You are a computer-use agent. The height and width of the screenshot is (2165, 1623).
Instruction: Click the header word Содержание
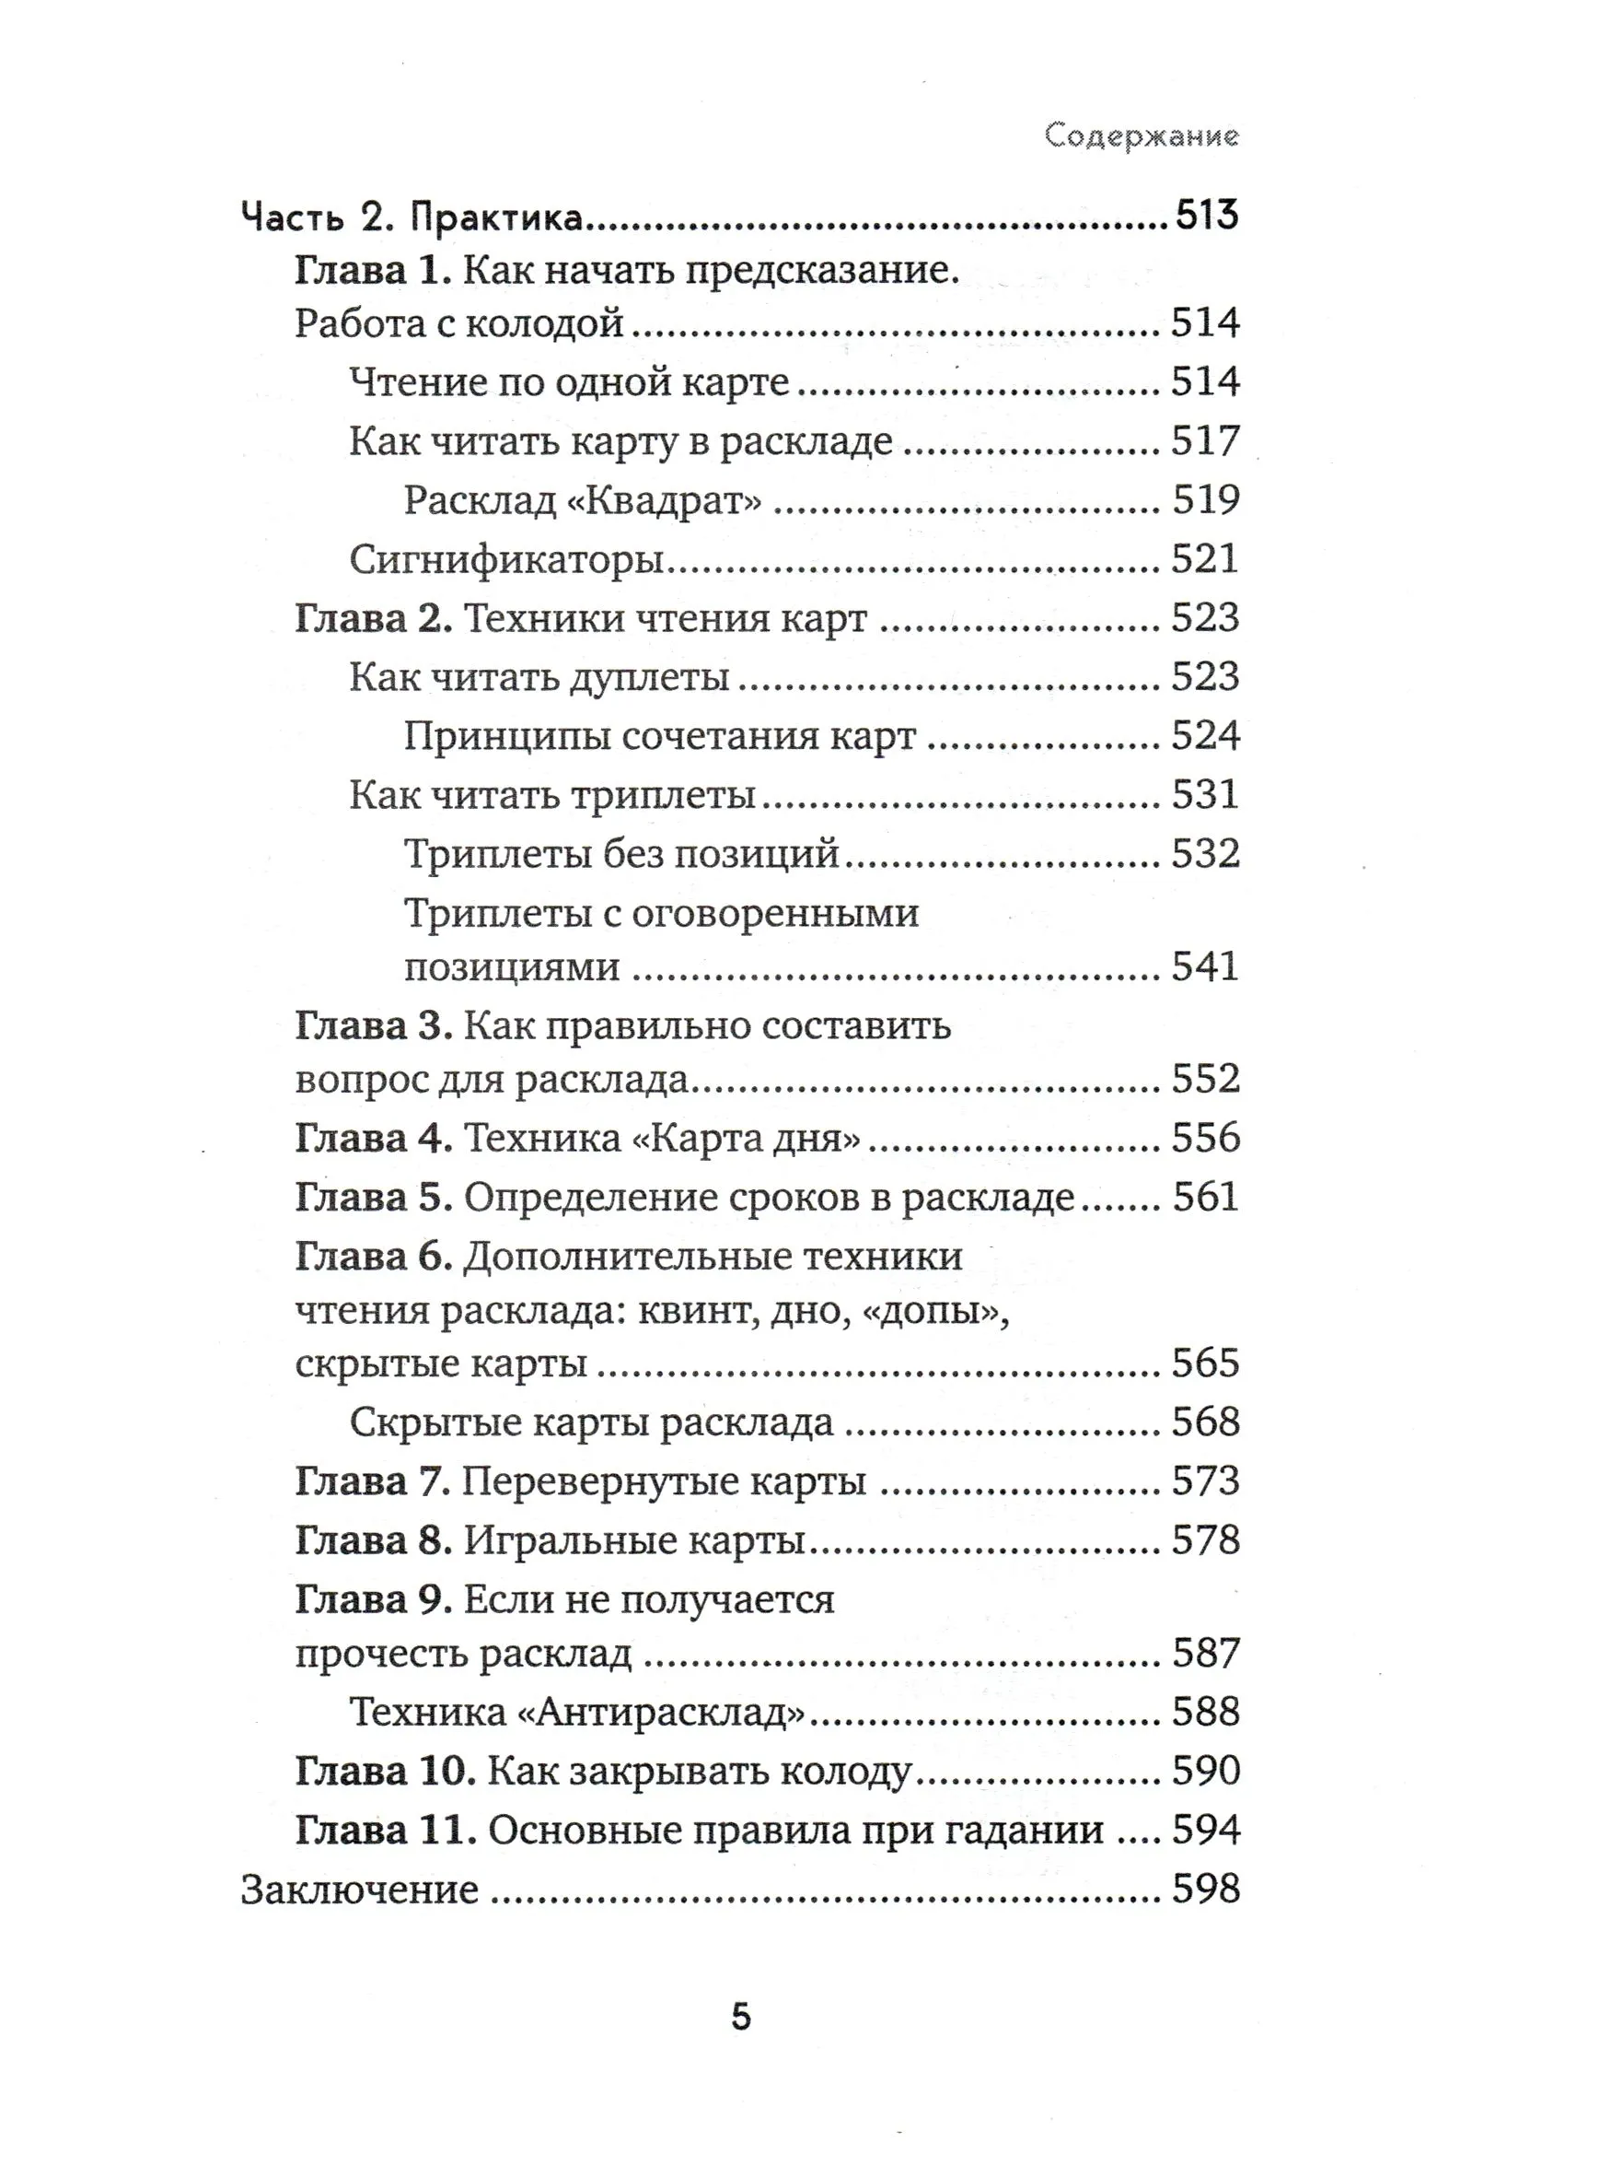point(1141,135)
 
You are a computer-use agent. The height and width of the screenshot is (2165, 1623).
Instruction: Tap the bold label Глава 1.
point(373,270)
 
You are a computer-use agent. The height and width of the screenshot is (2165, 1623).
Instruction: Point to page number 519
point(1206,500)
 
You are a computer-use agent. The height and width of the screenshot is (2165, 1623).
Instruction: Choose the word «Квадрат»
point(666,500)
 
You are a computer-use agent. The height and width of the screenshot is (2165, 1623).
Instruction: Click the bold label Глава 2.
point(373,617)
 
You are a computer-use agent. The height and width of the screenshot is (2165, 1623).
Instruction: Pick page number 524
point(1205,736)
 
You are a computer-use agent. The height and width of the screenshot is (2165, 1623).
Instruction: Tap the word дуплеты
point(649,677)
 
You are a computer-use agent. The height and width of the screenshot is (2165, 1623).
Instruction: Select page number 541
point(1205,966)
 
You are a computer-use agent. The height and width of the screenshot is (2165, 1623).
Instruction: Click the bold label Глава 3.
point(373,1025)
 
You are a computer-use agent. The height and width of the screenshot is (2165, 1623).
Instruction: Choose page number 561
point(1205,1197)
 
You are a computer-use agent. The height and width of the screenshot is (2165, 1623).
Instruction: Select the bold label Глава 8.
point(373,1540)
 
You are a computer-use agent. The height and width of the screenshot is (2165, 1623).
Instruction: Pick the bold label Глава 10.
point(385,1771)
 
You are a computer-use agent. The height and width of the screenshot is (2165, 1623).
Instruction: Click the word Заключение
point(359,1890)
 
